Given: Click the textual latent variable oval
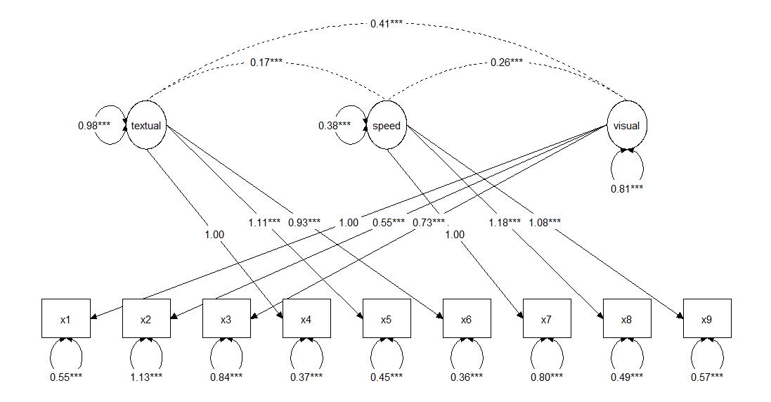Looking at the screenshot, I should click(x=146, y=126).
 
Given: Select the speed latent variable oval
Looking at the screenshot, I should click(x=387, y=126).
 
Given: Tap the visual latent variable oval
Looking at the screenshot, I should click(x=627, y=126).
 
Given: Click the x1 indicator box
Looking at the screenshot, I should click(x=65, y=320).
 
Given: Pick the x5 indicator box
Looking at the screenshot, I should click(x=386, y=320).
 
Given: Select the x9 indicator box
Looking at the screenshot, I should click(x=706, y=320).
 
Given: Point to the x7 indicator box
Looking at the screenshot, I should click(x=546, y=320).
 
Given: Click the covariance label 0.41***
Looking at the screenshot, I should click(x=387, y=24).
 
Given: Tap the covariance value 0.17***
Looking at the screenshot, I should click(x=266, y=63).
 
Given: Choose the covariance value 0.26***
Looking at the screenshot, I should click(x=507, y=63).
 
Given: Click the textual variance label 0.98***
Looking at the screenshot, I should click(x=94, y=126).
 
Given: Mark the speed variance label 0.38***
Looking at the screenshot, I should click(x=334, y=126).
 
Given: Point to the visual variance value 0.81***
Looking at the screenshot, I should click(x=627, y=188).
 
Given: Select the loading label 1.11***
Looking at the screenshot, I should click(x=264, y=223).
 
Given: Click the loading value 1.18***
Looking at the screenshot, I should click(x=504, y=223).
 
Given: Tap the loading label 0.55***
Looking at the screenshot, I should click(x=389, y=223).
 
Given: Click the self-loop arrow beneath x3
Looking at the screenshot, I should click(x=226, y=355).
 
